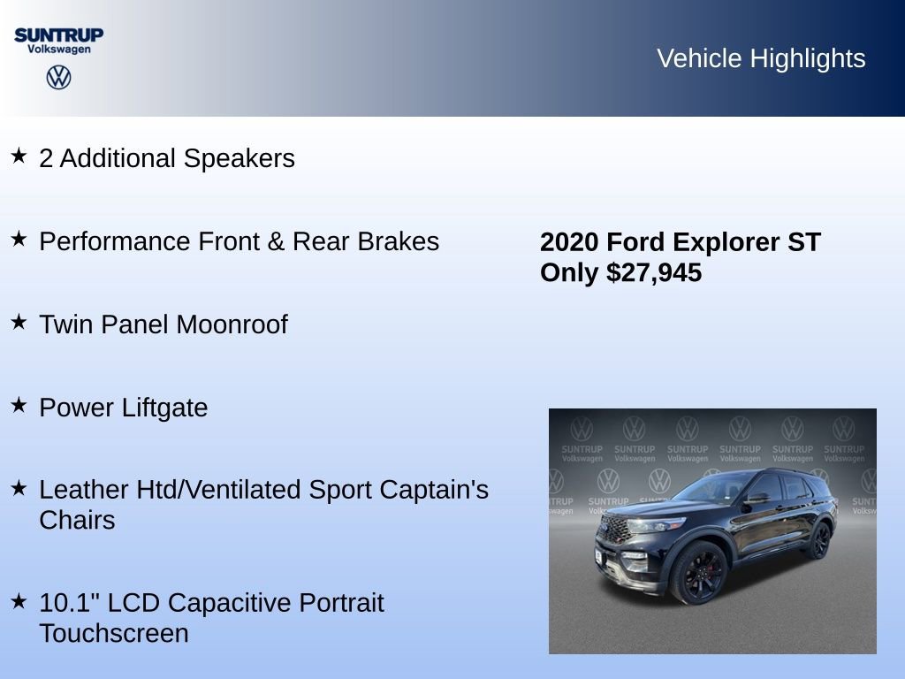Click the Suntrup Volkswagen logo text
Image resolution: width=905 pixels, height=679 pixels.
pyautogui.click(x=58, y=41)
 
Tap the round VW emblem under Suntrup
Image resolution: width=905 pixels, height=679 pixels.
pyautogui.click(x=58, y=78)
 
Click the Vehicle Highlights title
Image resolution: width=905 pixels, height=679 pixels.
pyautogui.click(x=761, y=58)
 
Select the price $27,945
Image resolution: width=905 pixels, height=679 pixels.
pyautogui.click(x=654, y=272)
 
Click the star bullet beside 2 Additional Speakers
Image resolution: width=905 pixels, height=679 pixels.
pyautogui.click(x=19, y=156)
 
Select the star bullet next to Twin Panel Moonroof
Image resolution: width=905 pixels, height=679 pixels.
pyautogui.click(x=19, y=323)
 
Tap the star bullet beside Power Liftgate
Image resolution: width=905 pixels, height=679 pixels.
pyautogui.click(x=19, y=405)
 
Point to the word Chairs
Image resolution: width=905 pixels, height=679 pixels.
pyautogui.click(x=77, y=520)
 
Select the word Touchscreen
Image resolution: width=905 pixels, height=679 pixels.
pyautogui.click(x=114, y=633)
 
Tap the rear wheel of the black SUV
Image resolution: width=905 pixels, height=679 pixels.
pyautogui.click(x=819, y=540)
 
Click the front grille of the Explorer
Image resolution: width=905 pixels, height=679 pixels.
pyautogui.click(x=613, y=530)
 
